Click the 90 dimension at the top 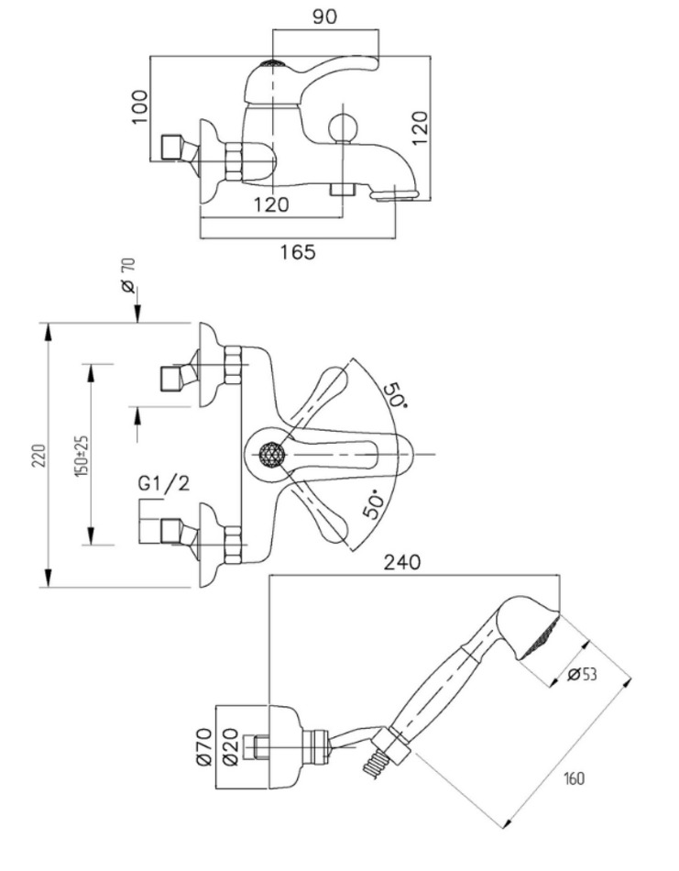pyautogui.click(x=324, y=18)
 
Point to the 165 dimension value pyautogui.click(x=297, y=251)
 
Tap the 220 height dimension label pyautogui.click(x=38, y=456)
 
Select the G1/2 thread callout pyautogui.click(x=164, y=483)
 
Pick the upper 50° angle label pyautogui.click(x=393, y=396)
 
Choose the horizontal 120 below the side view pyautogui.click(x=270, y=204)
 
